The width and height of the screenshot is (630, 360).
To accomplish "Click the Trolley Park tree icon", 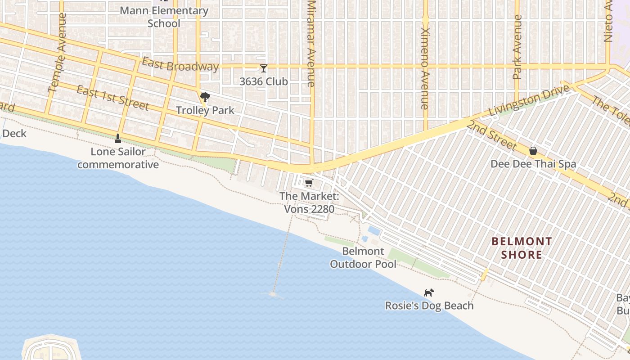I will pos(205,97).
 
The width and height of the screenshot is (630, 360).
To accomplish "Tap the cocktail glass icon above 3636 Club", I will pos(264,68).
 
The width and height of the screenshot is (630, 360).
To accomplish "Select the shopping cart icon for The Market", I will pos(309,183).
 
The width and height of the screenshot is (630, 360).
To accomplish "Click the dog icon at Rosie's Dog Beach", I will pos(429,293).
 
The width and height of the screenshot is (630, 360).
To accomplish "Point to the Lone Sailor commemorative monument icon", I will pos(118,138).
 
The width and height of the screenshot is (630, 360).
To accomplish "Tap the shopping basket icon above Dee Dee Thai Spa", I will pos(533,151).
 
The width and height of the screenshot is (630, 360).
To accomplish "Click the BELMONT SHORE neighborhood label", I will pos(522,248).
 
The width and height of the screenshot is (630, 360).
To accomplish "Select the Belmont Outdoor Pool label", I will pos(363,258).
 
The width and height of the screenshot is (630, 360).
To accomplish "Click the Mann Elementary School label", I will pos(164,17).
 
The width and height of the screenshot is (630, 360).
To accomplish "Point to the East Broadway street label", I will pos(180,65).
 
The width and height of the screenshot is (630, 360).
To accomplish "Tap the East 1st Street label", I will pos(112,98).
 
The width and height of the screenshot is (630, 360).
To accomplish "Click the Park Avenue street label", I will pos(517,47).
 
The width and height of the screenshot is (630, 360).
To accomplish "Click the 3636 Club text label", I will pos(264,82).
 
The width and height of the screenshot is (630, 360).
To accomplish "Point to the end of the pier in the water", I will pos(273,294).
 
